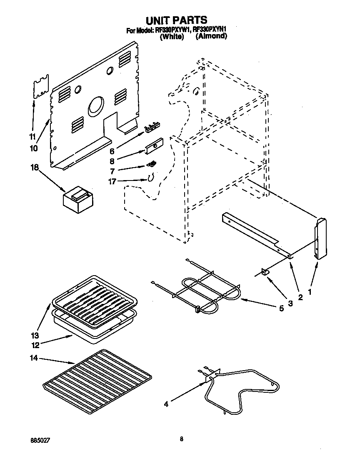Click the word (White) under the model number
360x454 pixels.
[172, 37]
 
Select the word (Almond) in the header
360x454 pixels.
[211, 36]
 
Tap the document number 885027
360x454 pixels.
[42, 439]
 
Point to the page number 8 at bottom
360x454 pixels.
[182, 439]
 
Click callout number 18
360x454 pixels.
[35, 168]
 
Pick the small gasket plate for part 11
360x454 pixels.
[41, 87]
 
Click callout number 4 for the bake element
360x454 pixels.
[166, 404]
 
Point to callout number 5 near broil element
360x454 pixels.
[282, 309]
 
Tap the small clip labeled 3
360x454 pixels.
[265, 272]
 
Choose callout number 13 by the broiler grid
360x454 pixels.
[35, 335]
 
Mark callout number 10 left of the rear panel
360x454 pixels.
[34, 148]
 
